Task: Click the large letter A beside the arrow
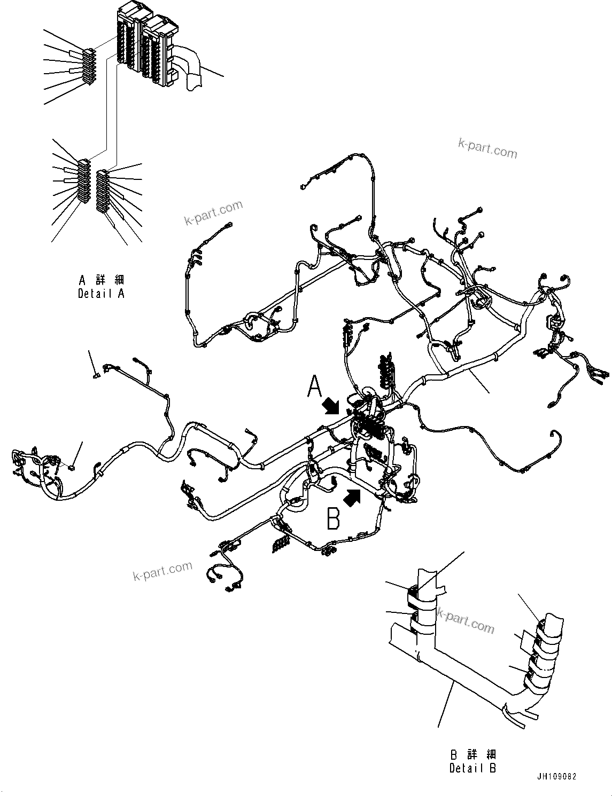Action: pyautogui.click(x=315, y=387)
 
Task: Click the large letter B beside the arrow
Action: pyautogui.click(x=334, y=518)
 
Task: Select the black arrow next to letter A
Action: pyautogui.click(x=331, y=407)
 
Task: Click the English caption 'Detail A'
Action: pyautogui.click(x=101, y=294)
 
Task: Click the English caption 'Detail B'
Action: pyautogui.click(x=472, y=768)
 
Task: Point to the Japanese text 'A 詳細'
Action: pyautogui.click(x=101, y=280)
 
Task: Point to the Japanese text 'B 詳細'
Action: pyautogui.click(x=472, y=755)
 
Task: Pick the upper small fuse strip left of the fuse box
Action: pyautogui.click(x=89, y=66)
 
